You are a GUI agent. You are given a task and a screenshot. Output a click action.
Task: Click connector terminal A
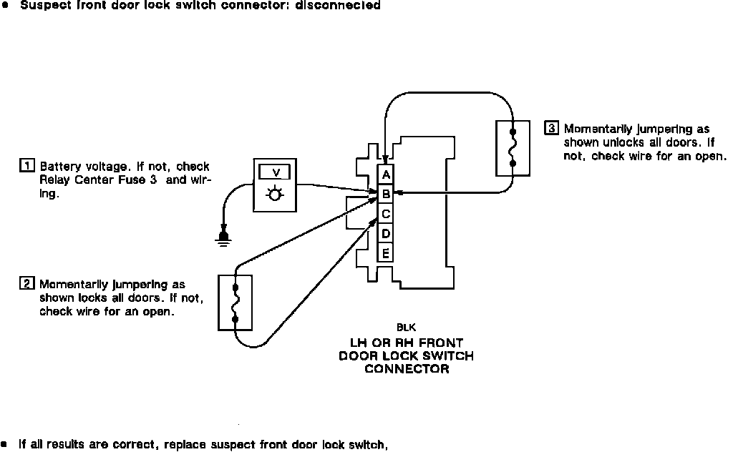386,174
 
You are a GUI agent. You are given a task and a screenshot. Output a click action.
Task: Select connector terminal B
386,194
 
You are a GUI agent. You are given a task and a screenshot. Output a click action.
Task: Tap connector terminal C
386,214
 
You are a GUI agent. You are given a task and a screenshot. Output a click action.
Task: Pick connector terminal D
386,233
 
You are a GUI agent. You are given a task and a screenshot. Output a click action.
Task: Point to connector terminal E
386,252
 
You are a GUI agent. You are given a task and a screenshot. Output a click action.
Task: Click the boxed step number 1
26,167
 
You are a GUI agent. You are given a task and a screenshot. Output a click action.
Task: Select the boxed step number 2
26,284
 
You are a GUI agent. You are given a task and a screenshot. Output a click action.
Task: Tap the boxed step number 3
551,129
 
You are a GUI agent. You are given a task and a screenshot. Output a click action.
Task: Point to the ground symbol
224,239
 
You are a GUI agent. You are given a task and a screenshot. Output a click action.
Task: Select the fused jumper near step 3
513,148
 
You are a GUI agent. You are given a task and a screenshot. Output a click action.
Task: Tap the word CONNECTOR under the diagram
407,369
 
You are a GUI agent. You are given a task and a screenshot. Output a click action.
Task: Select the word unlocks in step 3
601,142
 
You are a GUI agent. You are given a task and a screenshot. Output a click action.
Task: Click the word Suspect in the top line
40,5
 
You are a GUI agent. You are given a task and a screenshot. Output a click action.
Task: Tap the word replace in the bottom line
185,445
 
